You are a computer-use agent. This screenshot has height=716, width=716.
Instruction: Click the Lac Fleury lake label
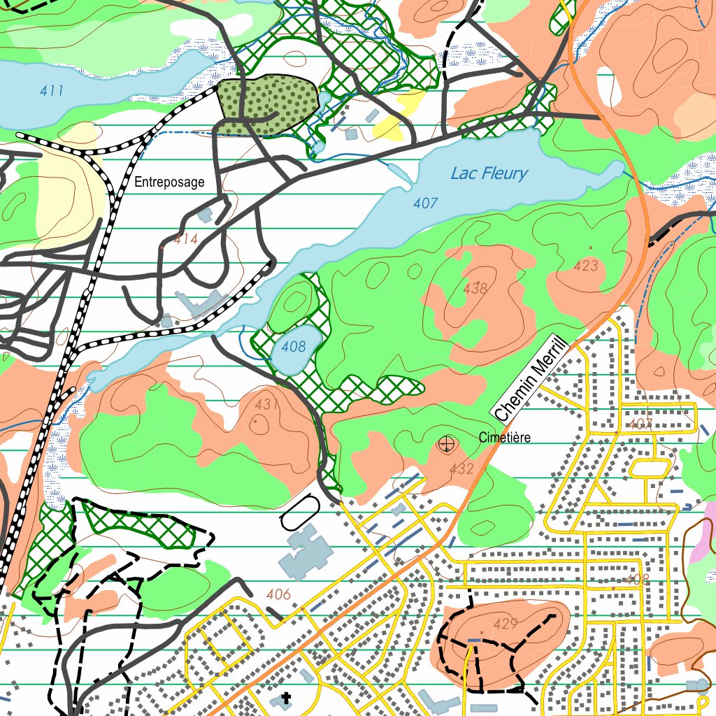point(489,173)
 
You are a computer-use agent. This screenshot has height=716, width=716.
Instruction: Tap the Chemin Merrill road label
point(529,378)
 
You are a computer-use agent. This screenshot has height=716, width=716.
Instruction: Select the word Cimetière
point(505,438)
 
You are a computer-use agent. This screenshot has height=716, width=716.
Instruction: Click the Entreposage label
point(169,182)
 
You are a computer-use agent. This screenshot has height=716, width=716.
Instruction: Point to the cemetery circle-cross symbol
point(445,443)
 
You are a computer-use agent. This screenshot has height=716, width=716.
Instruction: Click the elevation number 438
point(475,287)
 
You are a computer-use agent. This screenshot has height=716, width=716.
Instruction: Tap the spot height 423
point(586,266)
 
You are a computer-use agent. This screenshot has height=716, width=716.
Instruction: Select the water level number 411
point(52,91)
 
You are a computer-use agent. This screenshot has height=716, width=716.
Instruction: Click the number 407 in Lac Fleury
point(425,203)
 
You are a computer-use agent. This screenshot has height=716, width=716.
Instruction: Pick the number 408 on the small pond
point(294,346)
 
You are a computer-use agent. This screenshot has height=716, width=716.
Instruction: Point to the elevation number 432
point(461,469)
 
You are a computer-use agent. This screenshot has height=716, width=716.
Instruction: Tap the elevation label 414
point(186,240)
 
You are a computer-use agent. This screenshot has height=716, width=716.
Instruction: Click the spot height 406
point(278,594)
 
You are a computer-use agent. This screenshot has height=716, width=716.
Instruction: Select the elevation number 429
point(505,624)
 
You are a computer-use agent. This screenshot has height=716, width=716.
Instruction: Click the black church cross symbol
point(285,698)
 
